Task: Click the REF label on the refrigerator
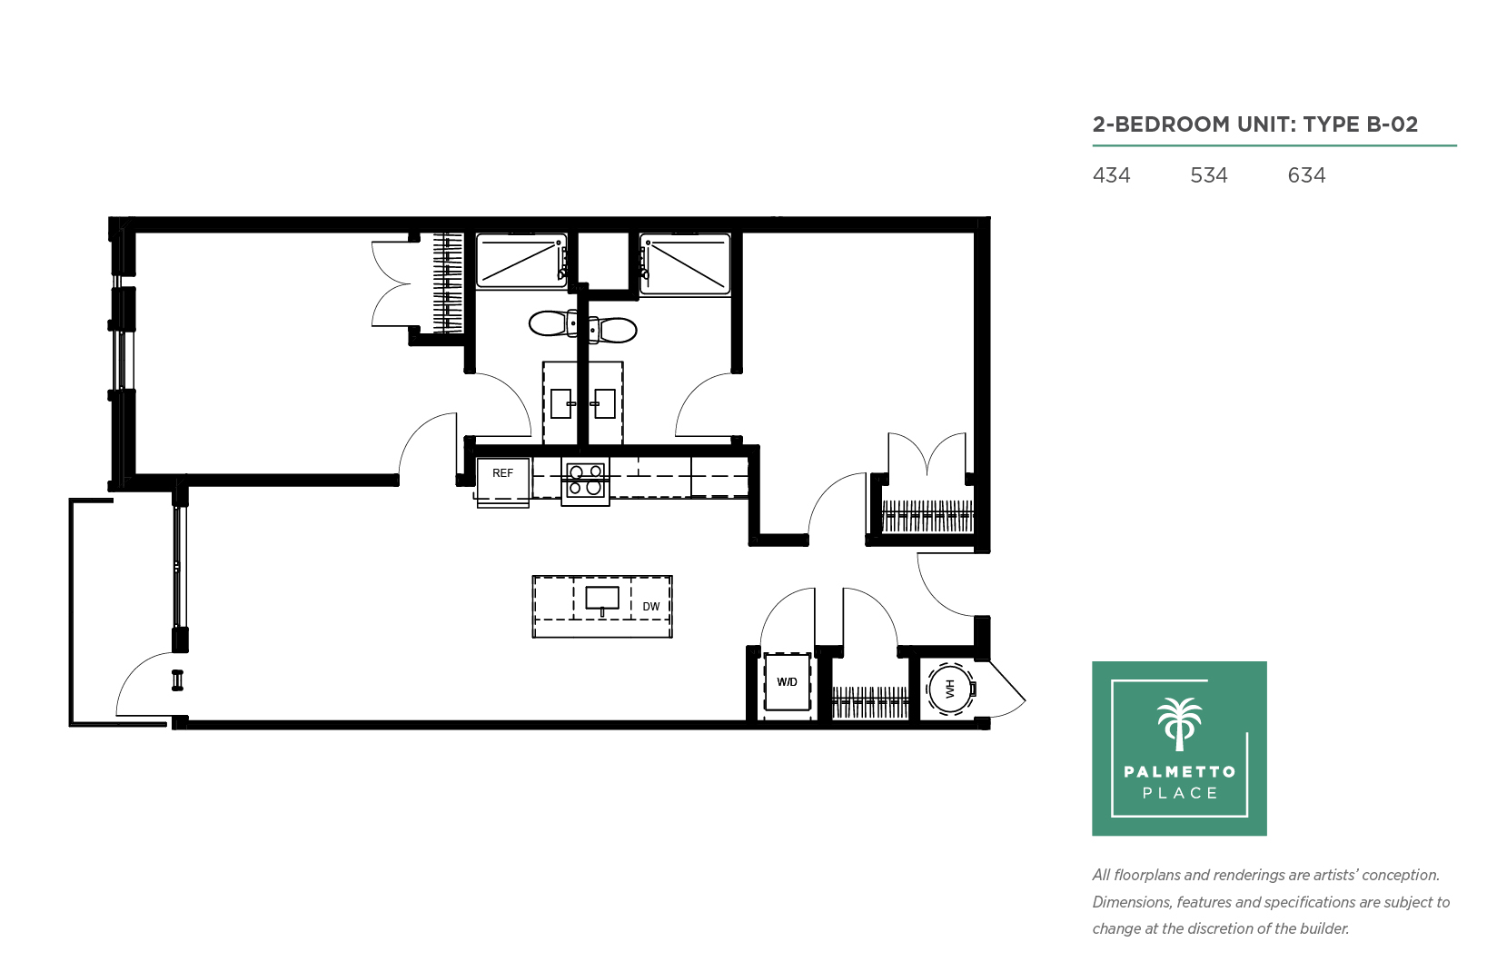(502, 473)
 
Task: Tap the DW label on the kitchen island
(651, 607)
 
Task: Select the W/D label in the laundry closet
(788, 682)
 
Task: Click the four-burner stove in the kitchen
(585, 481)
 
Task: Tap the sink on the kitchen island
(602, 599)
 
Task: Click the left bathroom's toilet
(553, 324)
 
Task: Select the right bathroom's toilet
(613, 330)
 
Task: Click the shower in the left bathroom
(521, 262)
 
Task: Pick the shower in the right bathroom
(685, 263)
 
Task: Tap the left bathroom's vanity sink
(561, 403)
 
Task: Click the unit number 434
(1111, 175)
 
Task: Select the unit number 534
(1209, 175)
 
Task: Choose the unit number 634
(1306, 175)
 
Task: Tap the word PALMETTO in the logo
(1180, 772)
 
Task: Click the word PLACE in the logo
(1180, 793)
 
